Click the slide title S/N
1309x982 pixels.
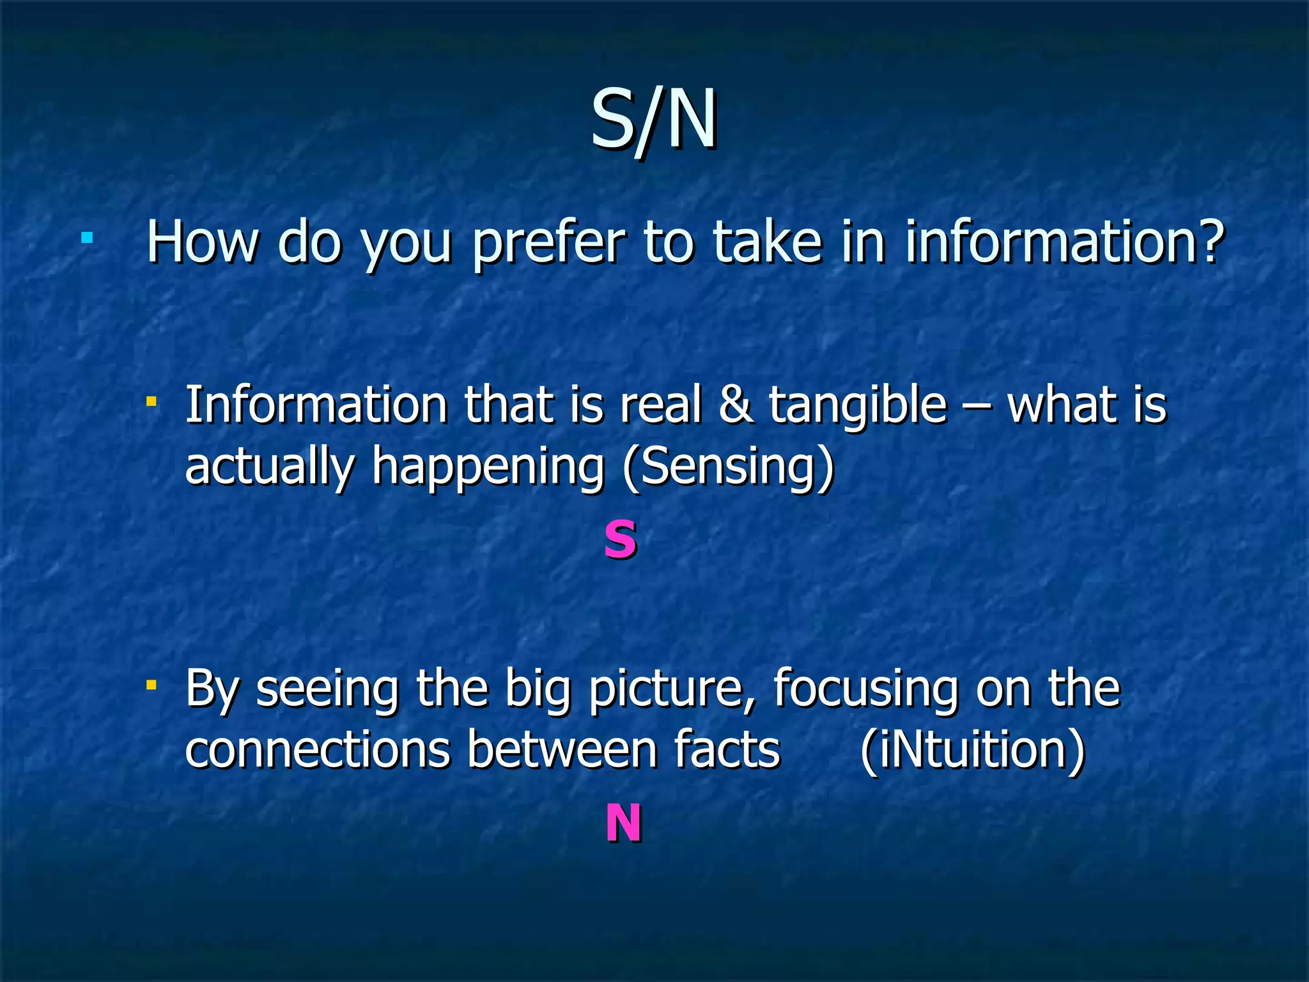click(653, 120)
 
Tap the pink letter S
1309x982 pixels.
click(620, 540)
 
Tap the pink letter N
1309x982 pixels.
click(623, 823)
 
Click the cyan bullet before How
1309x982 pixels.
click(88, 239)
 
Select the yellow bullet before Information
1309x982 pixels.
click(151, 402)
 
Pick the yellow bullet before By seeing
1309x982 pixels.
click(151, 685)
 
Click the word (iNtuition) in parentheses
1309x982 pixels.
click(972, 749)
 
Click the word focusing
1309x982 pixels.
click(866, 690)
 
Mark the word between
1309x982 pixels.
click(561, 749)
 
